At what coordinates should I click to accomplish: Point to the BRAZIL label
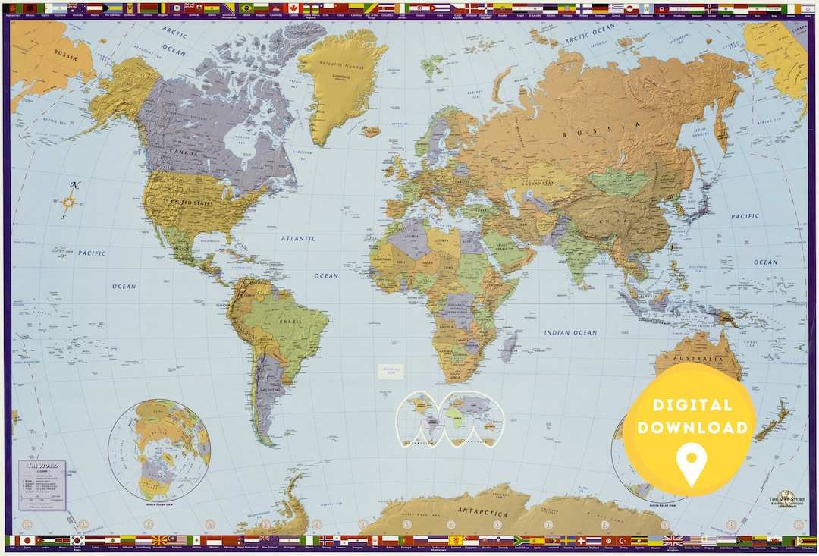tap(290, 322)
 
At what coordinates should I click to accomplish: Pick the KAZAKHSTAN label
tap(540, 184)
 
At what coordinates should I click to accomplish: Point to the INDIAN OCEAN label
tap(570, 332)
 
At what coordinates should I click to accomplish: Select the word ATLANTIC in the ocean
tap(298, 238)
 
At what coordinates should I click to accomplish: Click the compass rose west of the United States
tap(69, 201)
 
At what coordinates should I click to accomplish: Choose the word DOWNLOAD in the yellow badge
tap(692, 428)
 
